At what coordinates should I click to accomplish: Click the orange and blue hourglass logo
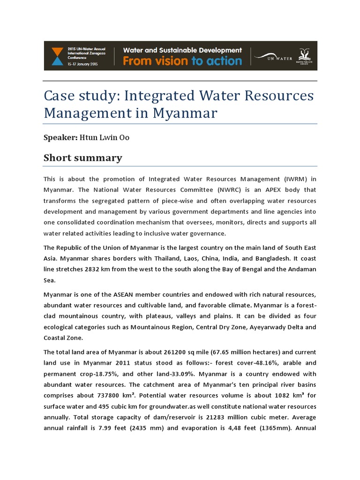click(57, 56)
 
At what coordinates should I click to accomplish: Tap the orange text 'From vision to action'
click(182, 61)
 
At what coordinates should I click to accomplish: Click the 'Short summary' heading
click(82, 158)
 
